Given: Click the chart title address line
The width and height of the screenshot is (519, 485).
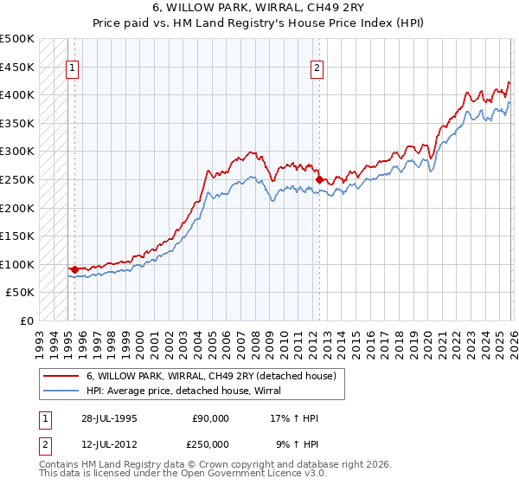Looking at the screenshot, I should (259, 8).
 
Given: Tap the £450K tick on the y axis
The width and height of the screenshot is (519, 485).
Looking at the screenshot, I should (17, 67).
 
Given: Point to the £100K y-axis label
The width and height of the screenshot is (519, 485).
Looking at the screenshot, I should (17, 264).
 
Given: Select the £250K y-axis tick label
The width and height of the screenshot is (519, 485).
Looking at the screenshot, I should (17, 179).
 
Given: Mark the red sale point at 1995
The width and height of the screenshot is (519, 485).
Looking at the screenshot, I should (74, 269).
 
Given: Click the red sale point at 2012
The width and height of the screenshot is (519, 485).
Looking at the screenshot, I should (319, 179).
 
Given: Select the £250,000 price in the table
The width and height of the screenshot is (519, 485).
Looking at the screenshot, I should (211, 443).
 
